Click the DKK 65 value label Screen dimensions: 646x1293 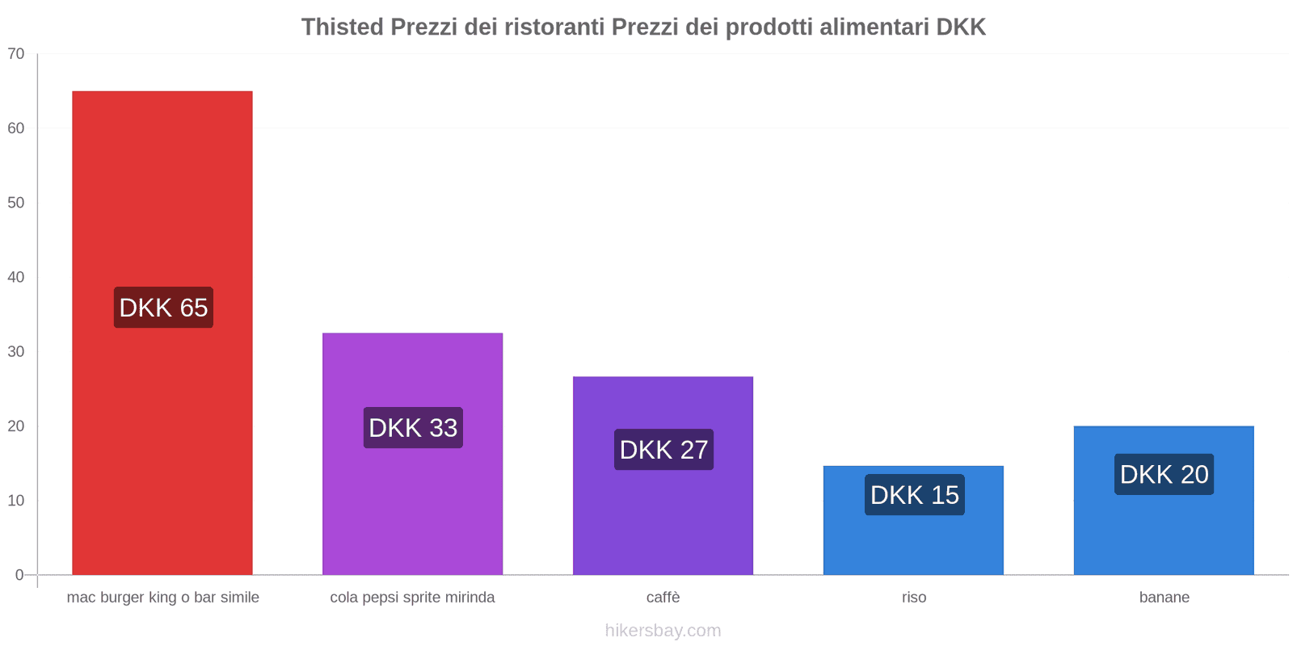[163, 308]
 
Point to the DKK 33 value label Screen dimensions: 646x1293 [413, 428]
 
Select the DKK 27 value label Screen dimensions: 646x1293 [663, 450]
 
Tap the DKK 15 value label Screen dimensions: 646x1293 [914, 495]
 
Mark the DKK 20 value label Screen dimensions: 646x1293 [1164, 475]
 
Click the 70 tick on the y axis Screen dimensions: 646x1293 [16, 54]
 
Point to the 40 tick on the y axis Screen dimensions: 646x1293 [16, 277]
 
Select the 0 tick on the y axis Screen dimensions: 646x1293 [19, 575]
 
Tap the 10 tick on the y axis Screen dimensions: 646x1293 [16, 501]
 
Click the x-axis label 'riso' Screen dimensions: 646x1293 [914, 598]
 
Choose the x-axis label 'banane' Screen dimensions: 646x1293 [1164, 598]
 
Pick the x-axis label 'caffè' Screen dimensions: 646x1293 [663, 598]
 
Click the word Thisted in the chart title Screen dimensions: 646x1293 [342, 27]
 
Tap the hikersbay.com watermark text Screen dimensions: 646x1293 [663, 631]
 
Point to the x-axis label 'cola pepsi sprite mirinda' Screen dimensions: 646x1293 [412, 598]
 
